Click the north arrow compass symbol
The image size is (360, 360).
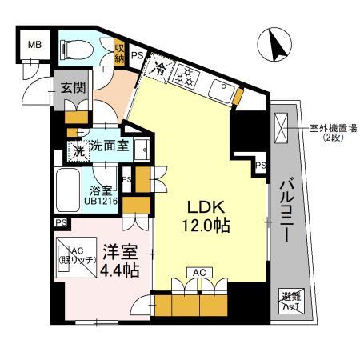[x=276, y=45]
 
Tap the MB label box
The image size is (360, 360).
[x=34, y=45]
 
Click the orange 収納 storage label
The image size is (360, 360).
[x=119, y=53]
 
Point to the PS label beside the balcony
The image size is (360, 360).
[x=260, y=164]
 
